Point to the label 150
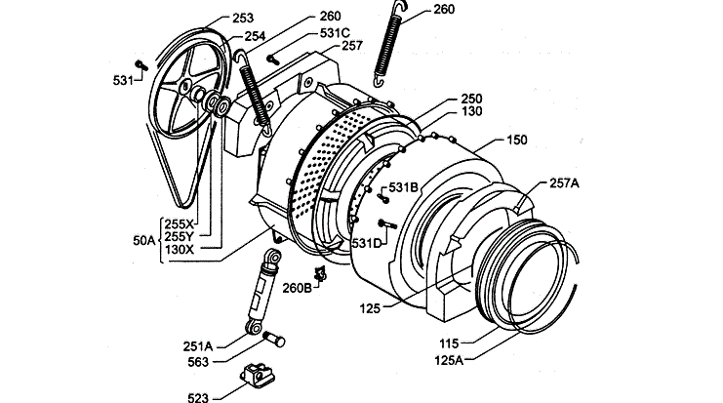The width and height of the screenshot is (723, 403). (x=516, y=141)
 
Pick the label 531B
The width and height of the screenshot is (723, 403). (x=404, y=186)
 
